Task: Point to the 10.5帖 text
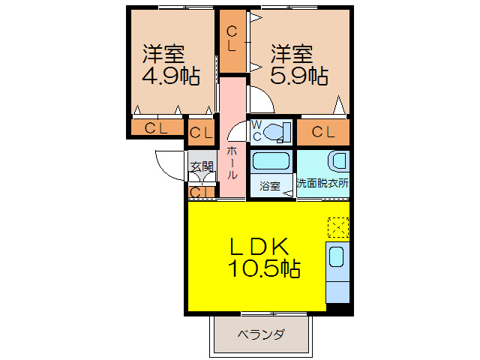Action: coord(264,268)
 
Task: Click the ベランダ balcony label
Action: coord(261,334)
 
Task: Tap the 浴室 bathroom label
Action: coord(269,185)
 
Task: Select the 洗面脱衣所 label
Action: coord(322,182)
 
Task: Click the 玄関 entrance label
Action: coord(201,166)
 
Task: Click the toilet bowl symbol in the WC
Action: coord(276,131)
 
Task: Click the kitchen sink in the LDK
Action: coord(337,257)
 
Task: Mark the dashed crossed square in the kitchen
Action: coord(338,227)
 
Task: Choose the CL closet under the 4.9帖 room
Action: coord(157,128)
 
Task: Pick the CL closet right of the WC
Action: coord(323,133)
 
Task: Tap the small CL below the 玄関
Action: coord(199,193)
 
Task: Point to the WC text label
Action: coord(255,130)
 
